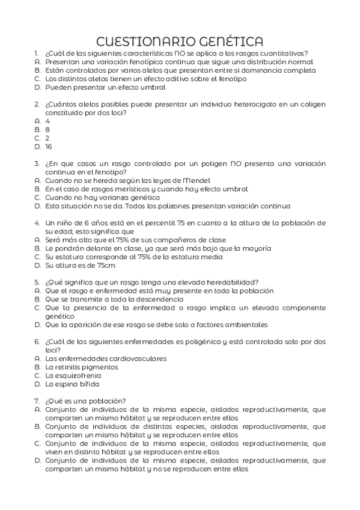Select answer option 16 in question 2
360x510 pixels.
[49, 146]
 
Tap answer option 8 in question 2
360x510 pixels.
[47, 129]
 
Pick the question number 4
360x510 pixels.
[37, 223]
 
